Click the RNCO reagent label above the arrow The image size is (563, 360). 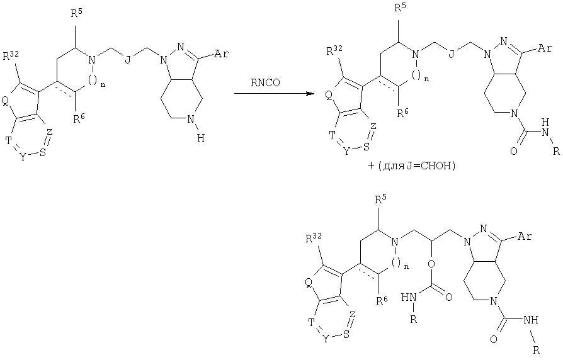click(266, 82)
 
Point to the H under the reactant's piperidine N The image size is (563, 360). click(200, 138)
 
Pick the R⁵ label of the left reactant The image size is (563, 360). click(76, 14)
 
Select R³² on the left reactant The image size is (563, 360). click(11, 55)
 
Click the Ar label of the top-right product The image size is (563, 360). click(545, 48)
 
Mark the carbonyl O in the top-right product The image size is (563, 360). click(514, 151)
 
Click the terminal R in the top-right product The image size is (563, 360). click(556, 152)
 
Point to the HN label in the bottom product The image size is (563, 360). click(409, 297)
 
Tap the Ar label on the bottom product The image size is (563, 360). click(525, 236)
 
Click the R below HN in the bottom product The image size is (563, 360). click(414, 318)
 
